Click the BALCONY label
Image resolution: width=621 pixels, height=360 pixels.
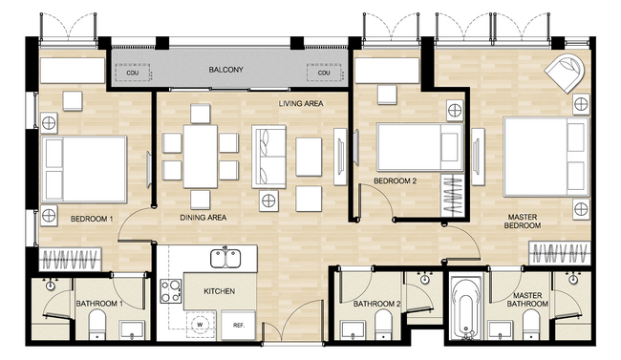(225, 70)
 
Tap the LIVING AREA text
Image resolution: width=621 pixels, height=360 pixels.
(301, 104)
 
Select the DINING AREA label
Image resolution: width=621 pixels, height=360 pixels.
(203, 218)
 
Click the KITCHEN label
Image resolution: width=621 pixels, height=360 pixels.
(220, 291)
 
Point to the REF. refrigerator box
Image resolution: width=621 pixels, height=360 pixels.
(239, 326)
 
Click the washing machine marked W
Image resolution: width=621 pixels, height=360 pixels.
(200, 325)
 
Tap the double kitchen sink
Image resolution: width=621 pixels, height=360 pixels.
(225, 258)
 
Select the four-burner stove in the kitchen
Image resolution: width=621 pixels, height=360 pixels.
(171, 291)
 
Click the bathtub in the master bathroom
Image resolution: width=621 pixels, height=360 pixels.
(467, 308)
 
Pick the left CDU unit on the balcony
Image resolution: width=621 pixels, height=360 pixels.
(133, 73)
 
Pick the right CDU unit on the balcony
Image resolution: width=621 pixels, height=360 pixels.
(324, 73)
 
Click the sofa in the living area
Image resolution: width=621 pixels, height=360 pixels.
(269, 157)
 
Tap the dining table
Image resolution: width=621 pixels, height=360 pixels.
(201, 157)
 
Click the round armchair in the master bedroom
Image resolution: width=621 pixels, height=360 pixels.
(566, 72)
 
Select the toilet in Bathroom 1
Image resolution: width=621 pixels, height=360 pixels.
(97, 325)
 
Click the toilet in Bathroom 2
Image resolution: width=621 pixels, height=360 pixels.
(383, 325)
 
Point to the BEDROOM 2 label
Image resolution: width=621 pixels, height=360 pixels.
(395, 181)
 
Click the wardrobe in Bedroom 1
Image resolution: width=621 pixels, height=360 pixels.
(70, 260)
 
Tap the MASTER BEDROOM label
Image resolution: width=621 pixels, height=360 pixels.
(523, 222)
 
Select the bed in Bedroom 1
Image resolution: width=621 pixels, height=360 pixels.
(84, 170)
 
